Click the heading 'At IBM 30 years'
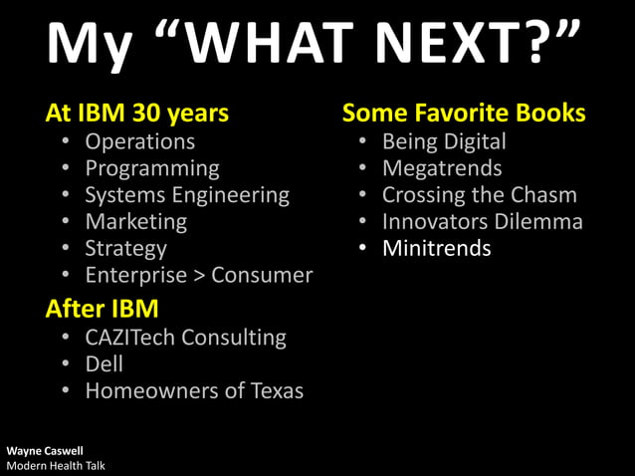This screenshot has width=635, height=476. pos(137,114)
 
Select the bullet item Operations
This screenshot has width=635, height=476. pos(139,141)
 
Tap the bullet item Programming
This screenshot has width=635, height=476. pos(151,168)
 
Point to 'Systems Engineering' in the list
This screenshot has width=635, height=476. pos(186,195)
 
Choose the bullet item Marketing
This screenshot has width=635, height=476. pos(135,221)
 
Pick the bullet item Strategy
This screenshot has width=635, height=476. pos(125,248)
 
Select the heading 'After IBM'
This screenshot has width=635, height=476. pos(103,309)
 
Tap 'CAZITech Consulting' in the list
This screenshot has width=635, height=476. pos(185,338)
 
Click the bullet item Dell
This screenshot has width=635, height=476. pos(105,364)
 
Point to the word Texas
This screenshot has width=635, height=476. pos(275,391)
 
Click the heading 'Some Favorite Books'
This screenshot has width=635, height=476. pos(464,114)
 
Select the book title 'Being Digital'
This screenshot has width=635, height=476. pos(444,141)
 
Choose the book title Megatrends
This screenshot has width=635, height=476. pos(442,168)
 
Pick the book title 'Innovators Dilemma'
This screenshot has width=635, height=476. pos(482,221)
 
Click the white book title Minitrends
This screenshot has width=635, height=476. pos(436,248)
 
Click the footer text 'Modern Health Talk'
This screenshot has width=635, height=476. pos(56,466)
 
